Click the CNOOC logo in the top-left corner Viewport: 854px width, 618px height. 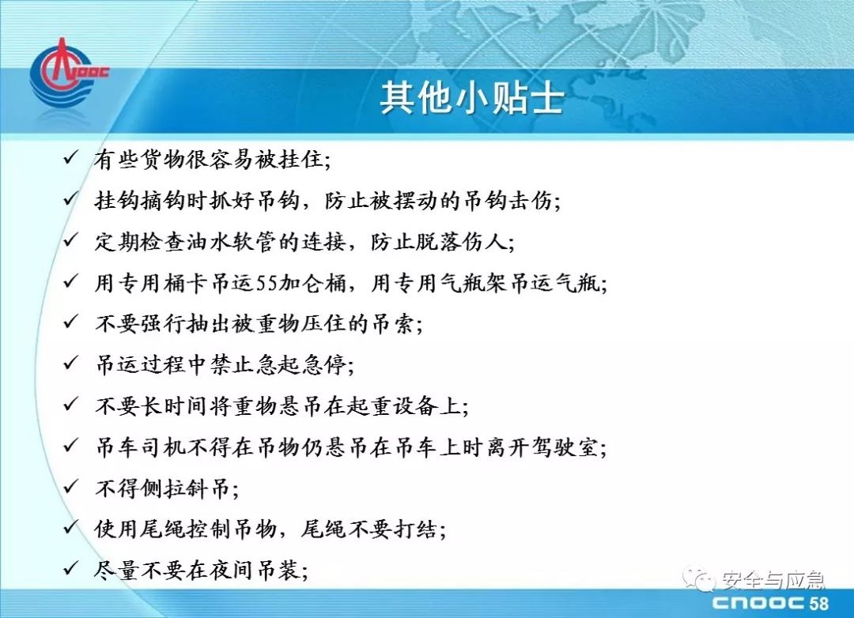pyautogui.click(x=68, y=73)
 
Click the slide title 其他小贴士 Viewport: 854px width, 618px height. pyautogui.click(x=471, y=99)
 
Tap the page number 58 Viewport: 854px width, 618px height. pyautogui.click(x=818, y=603)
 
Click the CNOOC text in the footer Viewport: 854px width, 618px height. pyautogui.click(x=758, y=603)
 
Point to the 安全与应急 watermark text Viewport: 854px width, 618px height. pyautogui.click(x=773, y=580)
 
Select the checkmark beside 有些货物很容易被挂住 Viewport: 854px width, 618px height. pyautogui.click(x=71, y=158)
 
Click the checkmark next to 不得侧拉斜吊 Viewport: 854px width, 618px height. pyautogui.click(x=71, y=486)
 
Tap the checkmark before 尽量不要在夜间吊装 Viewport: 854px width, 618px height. pyautogui.click(x=71, y=568)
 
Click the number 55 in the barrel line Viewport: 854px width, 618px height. pyautogui.click(x=267, y=283)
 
